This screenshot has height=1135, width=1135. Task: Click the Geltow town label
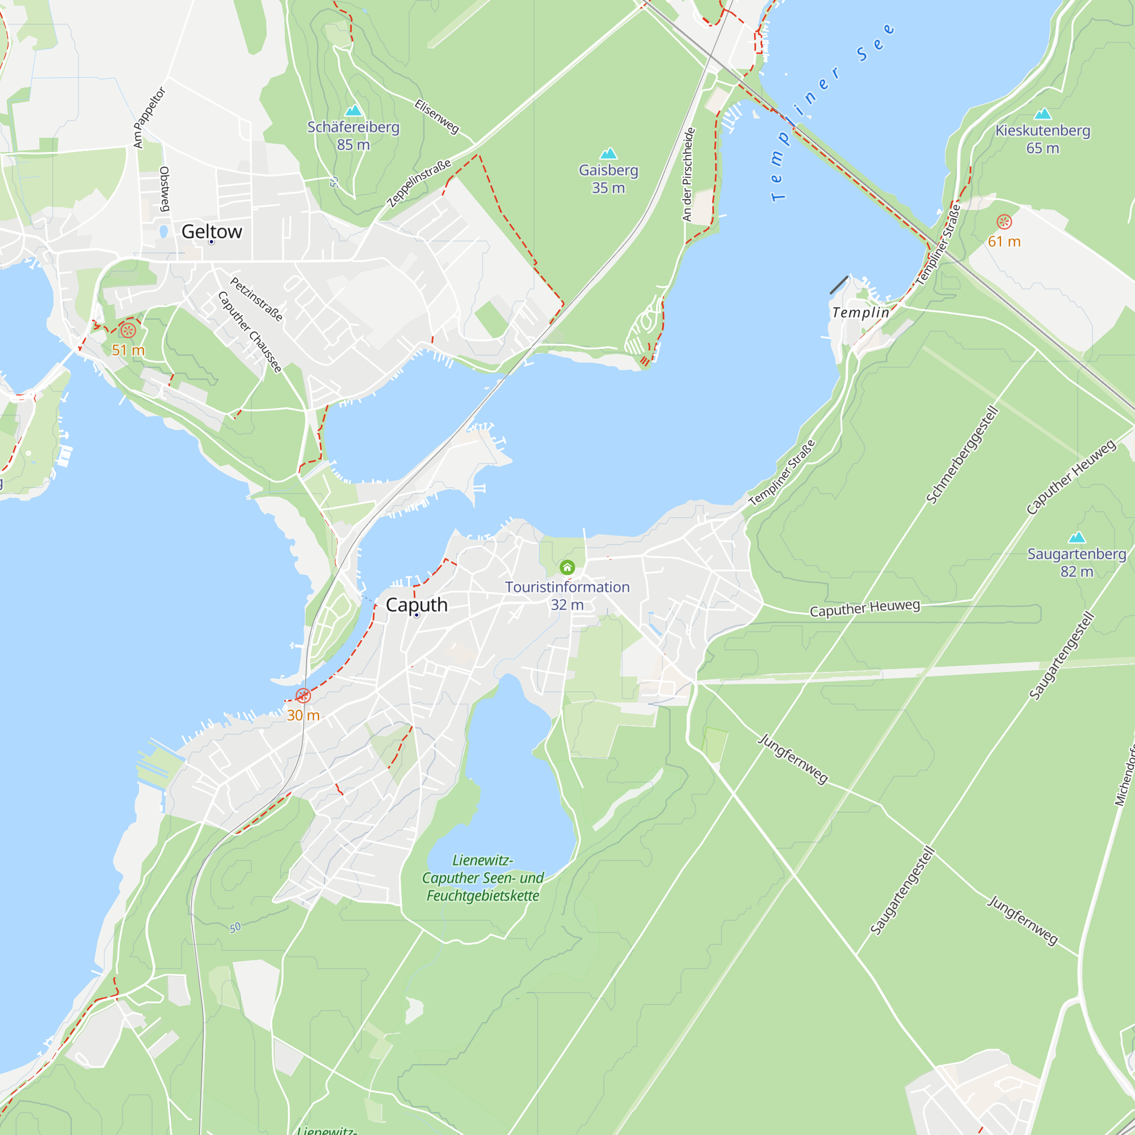212,232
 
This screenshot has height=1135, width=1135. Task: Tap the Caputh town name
417,604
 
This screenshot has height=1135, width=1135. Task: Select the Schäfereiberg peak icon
353,111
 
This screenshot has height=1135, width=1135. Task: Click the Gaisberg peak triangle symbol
608,154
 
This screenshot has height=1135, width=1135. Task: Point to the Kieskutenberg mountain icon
1042,113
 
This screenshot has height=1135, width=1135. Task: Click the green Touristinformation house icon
567,567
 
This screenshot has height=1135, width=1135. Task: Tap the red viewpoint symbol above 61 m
1004,222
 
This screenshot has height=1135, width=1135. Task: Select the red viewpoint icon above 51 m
128,330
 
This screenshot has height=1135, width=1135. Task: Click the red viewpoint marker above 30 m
303,696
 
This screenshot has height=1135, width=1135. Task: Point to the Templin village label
861,313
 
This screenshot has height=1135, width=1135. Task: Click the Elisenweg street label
436,116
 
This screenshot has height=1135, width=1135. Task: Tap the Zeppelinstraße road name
419,183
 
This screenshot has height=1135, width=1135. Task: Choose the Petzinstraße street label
256,299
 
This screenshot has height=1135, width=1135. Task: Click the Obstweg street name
165,188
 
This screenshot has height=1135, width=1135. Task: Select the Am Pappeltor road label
149,117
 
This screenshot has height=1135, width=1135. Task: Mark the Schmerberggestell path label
962,455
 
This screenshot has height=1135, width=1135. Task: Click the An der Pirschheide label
688,174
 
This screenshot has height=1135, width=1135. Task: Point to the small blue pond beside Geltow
164,232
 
